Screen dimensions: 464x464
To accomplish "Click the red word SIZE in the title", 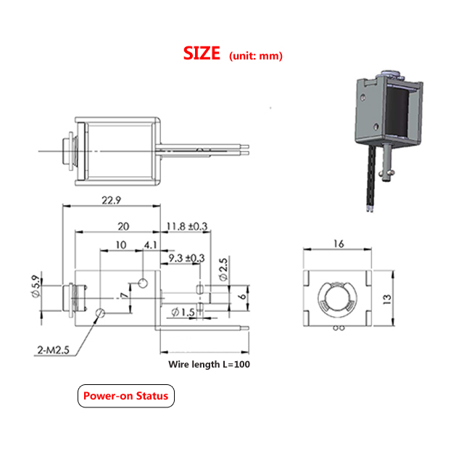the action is (x=202, y=54).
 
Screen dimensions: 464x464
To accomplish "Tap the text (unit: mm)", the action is (x=256, y=56).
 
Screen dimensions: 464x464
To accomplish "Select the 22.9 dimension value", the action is (x=111, y=200).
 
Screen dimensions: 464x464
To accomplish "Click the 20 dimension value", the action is (x=123, y=226).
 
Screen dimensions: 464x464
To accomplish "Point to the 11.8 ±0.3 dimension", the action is (x=187, y=226).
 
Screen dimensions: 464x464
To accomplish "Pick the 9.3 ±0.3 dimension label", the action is (x=186, y=258).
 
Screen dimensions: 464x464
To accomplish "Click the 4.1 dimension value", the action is (x=150, y=245).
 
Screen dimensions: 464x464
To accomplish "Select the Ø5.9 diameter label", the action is (x=36, y=286).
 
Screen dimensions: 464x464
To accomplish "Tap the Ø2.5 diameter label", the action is (x=223, y=269).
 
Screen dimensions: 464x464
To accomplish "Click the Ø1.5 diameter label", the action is (x=183, y=312).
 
